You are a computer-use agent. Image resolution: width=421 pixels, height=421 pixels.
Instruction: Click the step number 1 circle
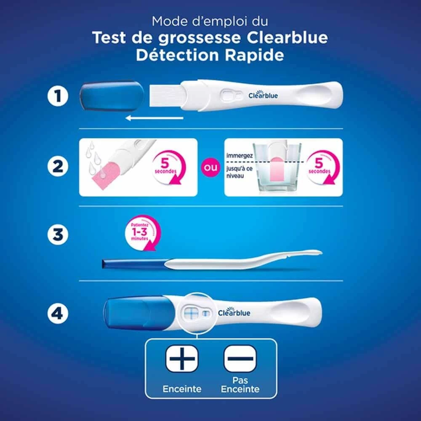coord(58,96)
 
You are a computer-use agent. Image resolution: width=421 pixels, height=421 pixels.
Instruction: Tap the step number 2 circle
coord(58,166)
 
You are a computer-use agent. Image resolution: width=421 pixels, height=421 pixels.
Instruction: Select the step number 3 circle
coord(58,234)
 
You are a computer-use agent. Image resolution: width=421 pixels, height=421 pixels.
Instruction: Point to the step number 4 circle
coord(58,313)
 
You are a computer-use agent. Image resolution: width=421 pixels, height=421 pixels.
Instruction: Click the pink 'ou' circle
coord(210,168)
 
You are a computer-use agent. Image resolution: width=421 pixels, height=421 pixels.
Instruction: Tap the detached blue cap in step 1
coord(112,96)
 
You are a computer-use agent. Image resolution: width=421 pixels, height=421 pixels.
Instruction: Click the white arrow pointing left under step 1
coord(155,118)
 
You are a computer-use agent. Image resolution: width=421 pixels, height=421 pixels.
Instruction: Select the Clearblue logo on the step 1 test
coord(263,94)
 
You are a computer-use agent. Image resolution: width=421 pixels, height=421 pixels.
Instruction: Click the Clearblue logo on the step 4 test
coord(234,312)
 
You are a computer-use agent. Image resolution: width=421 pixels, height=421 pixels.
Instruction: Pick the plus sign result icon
coord(182,358)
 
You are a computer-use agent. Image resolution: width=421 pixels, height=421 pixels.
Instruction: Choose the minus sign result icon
coord(240,358)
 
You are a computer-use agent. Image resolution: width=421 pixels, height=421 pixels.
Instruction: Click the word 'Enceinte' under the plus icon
coord(182,389)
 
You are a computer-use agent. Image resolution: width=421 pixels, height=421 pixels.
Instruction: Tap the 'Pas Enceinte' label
coord(240,384)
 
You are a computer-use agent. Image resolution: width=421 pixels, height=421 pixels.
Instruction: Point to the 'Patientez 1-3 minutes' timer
coord(142,232)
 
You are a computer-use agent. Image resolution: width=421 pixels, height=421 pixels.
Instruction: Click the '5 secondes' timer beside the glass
coord(322,167)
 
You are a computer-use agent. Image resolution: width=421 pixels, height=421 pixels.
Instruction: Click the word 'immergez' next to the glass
coord(240,156)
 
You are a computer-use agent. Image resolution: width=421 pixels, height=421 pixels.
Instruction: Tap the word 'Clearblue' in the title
coord(287,37)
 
